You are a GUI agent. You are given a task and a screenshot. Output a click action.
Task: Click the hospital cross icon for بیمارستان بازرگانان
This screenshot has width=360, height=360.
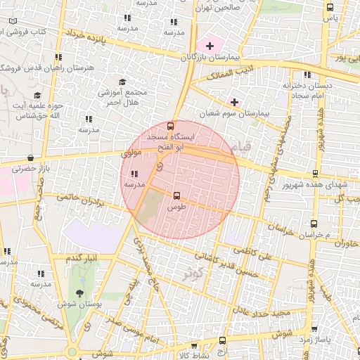tap(210, 46)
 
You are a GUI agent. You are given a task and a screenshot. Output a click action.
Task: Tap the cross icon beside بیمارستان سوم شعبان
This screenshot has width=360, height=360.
tap(234, 102)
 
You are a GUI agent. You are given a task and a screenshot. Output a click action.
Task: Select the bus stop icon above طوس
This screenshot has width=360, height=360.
tap(176, 196)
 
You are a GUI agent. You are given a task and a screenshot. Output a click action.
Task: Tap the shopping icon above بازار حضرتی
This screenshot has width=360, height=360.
tap(30, 158)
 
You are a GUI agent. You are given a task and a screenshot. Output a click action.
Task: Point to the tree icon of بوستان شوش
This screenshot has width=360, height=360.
tap(78, 292)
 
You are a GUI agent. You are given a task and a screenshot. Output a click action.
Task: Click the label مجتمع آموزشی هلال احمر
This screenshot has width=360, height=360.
tap(122, 97)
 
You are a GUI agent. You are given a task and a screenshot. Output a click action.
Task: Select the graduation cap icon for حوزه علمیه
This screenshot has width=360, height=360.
tap(37, 95)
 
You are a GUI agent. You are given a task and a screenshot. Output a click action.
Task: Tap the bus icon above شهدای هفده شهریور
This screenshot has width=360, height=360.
tap(315, 174)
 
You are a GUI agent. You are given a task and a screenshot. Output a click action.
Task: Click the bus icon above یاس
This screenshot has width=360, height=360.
tap(330, 6)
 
